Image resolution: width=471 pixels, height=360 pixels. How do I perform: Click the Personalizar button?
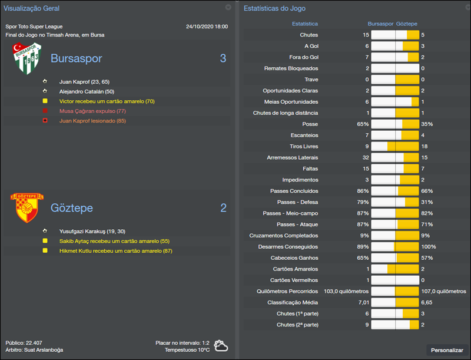pos(447,350)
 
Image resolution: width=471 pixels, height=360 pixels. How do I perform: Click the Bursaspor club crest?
pos(26,58)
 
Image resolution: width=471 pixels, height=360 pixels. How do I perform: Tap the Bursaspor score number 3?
pos(223,58)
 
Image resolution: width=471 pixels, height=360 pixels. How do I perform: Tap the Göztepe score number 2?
pos(223,207)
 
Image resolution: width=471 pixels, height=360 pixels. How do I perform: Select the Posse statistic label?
pos(310,124)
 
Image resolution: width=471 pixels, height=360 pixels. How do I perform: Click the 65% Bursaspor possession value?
pos(362,124)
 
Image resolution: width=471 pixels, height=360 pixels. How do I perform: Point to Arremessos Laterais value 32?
pos(364,157)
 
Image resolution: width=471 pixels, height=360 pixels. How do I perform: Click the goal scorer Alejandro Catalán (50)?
pos(87,91)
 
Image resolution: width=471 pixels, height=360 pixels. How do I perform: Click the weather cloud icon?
pos(222,345)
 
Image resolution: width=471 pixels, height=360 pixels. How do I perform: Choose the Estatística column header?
pos(304,24)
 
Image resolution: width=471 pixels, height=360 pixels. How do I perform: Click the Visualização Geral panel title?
pos(32,8)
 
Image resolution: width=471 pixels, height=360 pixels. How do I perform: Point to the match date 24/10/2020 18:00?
pos(207,27)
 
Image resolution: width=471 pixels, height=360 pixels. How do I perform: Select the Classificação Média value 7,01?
pos(363,302)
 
